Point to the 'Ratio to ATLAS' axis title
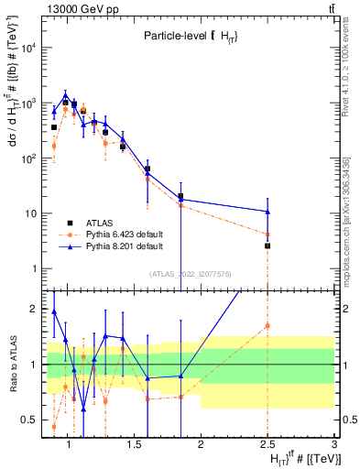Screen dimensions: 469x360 pyautogui.click(x=12, y=364)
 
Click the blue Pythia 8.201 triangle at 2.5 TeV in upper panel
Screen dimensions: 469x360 pyautogui.click(x=267, y=212)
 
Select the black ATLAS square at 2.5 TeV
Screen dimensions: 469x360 pyautogui.click(x=267, y=245)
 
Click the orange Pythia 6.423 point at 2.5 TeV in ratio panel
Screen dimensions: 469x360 pyautogui.click(x=267, y=325)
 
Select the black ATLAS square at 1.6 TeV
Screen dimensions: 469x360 pyautogui.click(x=147, y=169)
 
